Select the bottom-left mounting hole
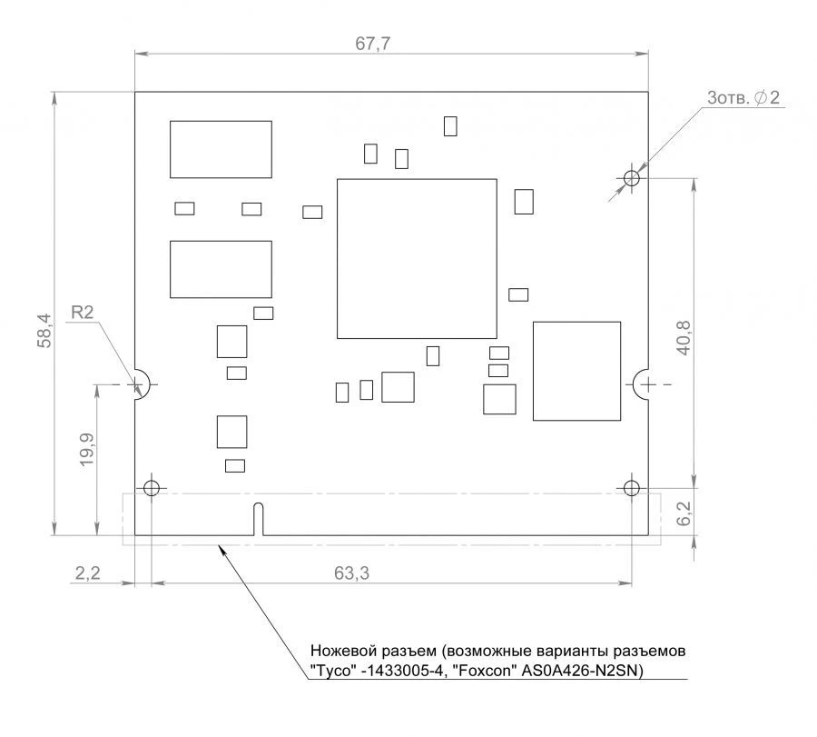pos(152,488)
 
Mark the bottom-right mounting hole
pos(632,488)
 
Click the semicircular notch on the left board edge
pos(140,384)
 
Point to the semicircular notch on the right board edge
pos(643,384)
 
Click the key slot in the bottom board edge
pos(259,518)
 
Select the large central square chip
pos(417,259)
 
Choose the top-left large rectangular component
pos(221,149)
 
